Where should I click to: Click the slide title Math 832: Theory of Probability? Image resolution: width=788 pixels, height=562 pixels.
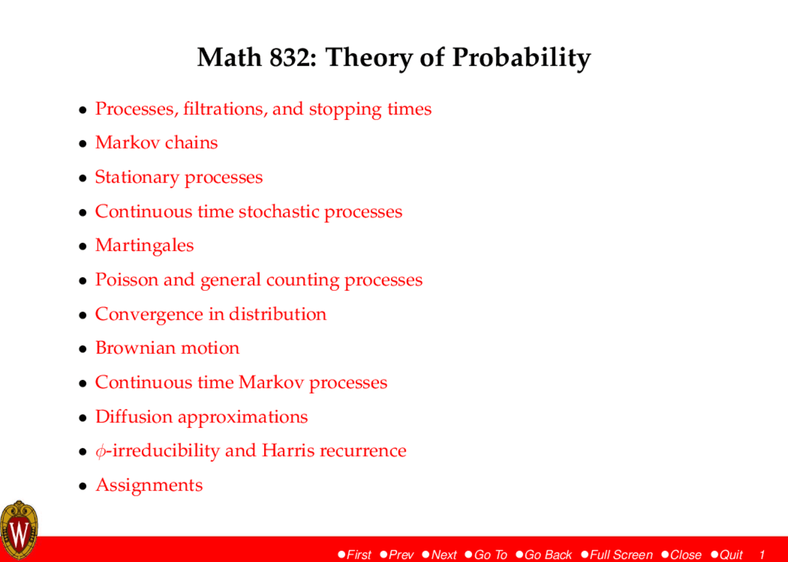click(393, 58)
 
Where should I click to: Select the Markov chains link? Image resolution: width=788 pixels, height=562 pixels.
click(156, 143)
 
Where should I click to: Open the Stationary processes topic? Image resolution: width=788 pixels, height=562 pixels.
click(179, 177)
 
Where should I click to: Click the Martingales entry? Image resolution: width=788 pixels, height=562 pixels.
click(144, 245)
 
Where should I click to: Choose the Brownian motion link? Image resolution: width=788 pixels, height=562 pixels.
click(167, 348)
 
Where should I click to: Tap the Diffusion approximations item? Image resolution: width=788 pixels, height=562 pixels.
click(201, 417)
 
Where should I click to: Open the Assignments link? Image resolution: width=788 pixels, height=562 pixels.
click(148, 485)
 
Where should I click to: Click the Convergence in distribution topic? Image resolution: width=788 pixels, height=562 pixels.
click(211, 314)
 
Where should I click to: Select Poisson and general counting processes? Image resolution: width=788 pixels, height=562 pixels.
click(259, 280)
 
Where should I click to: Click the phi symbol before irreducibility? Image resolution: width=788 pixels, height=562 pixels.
click(100, 451)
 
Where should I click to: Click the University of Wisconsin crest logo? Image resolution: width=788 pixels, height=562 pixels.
click(18, 530)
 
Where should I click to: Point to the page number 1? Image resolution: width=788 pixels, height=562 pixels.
click(762, 555)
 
